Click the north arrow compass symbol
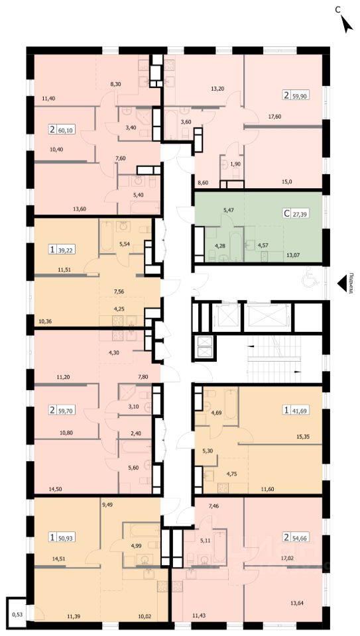[x=347, y=24]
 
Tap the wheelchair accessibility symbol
[x=308, y=279]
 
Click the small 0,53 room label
[x=17, y=615]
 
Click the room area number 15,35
[x=304, y=437]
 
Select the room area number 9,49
[x=107, y=505]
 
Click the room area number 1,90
[x=235, y=164]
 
